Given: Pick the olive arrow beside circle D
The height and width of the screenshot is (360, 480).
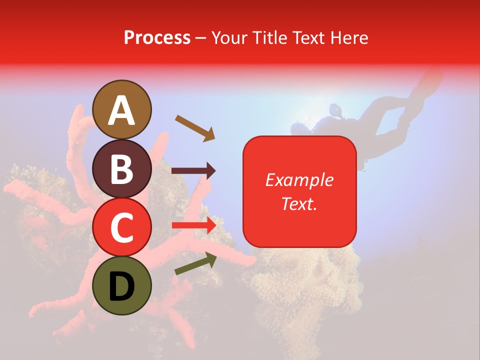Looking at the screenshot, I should (x=195, y=263).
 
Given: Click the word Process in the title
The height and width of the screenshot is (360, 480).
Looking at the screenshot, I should (x=157, y=37).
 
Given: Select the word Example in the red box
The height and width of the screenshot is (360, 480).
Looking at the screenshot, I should (x=299, y=180).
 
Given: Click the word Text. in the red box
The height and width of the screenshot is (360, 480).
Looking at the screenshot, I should (x=299, y=203).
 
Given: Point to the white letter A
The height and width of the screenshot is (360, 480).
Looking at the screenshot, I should (x=122, y=110).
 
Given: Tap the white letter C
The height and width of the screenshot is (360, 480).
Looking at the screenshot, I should (x=122, y=228).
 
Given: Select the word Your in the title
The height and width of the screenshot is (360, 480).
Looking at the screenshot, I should (x=229, y=37).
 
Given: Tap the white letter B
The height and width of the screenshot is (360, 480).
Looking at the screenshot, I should (x=122, y=169).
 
